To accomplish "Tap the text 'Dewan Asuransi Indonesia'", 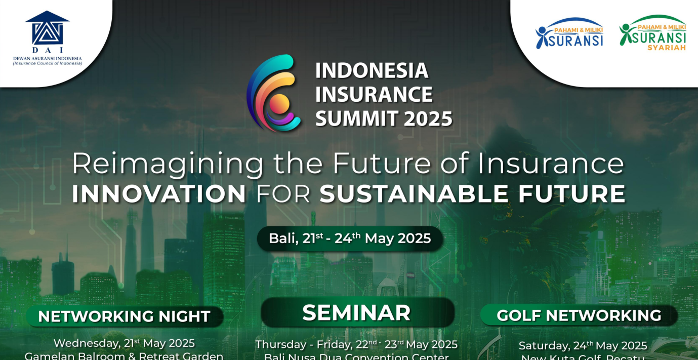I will click(47, 58).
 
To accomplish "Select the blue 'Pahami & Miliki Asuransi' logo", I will click(570, 34).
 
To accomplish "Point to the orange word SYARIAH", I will click(667, 48).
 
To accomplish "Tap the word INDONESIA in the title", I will click(372, 71).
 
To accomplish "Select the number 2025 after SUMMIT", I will click(428, 119).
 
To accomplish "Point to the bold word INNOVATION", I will click(159, 194).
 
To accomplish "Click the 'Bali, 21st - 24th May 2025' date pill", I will click(350, 238).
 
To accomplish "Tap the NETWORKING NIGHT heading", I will click(124, 316).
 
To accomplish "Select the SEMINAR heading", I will click(356, 313).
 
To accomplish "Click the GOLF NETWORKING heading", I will click(579, 315).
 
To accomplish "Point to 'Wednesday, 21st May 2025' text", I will click(124, 343).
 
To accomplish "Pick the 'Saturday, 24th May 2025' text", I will click(583, 345).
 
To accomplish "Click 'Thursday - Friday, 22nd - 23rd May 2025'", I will click(356, 344).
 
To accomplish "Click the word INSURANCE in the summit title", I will click(374, 95).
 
